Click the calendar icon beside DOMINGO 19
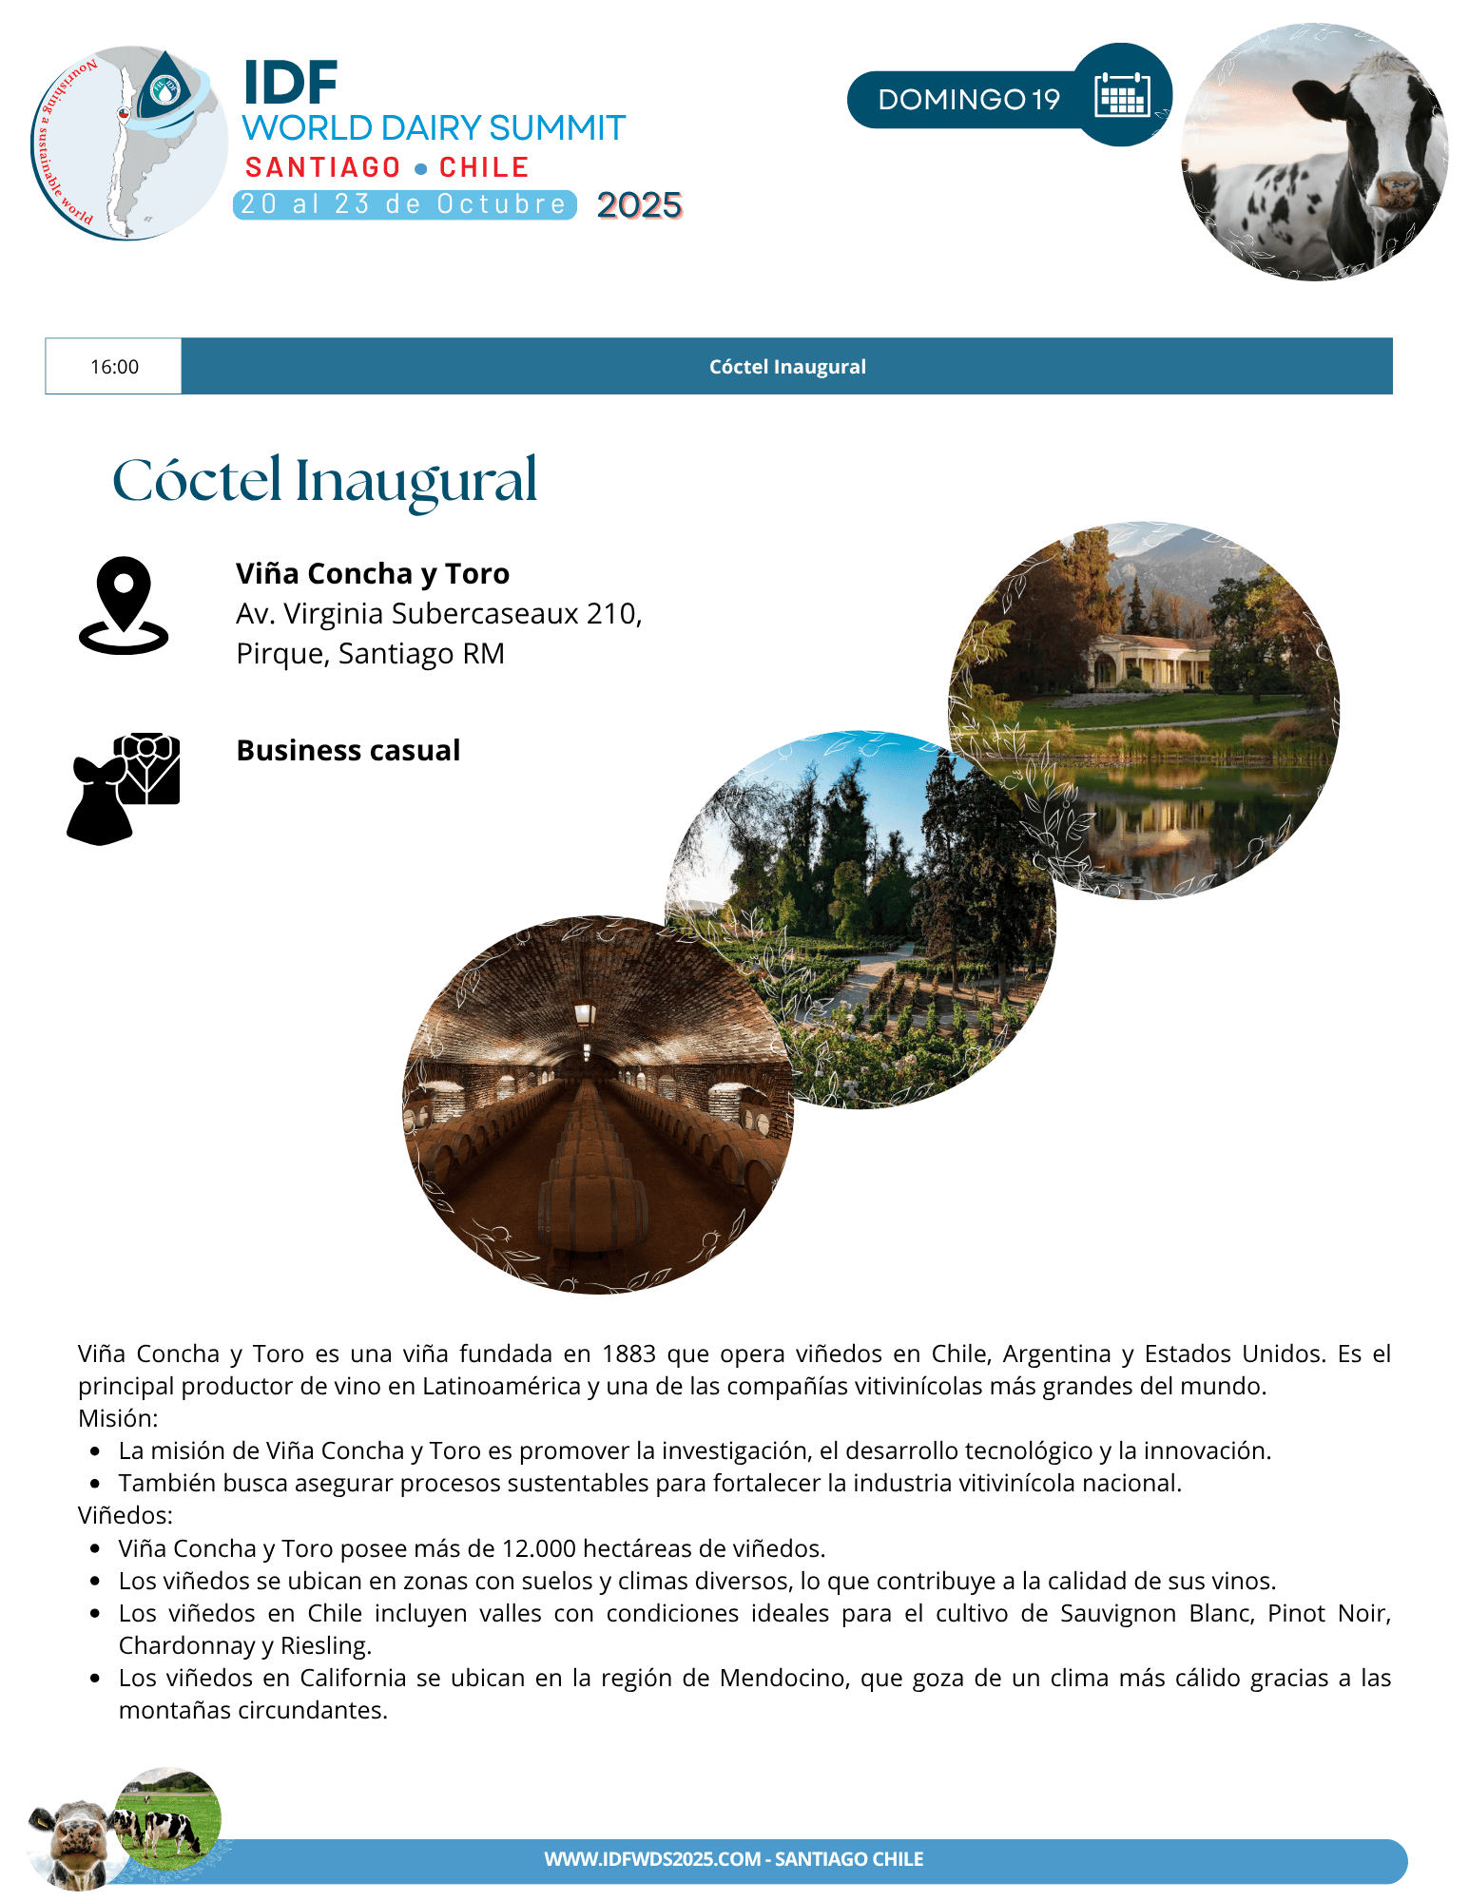[1122, 95]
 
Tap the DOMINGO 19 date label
[968, 100]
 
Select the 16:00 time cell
[114, 367]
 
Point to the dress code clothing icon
[124, 788]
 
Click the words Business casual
[348, 751]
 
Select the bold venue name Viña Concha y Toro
[372, 574]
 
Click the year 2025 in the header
[639, 205]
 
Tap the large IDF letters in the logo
[290, 84]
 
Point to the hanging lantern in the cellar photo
[585, 1015]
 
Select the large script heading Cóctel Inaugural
[325, 481]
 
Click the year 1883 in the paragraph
[628, 1354]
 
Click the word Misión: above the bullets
[118, 1418]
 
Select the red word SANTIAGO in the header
[323, 168]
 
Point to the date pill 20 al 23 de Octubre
[404, 204]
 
